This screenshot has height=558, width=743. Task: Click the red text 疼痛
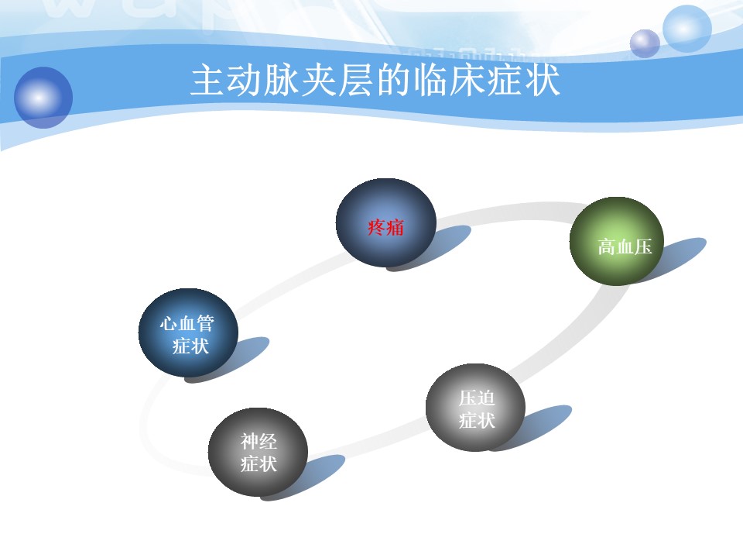coord(385,228)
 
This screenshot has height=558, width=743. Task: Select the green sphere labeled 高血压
coord(617,241)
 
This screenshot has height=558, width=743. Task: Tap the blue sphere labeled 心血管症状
coord(188,332)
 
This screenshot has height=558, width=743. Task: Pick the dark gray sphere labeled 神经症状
coord(258,452)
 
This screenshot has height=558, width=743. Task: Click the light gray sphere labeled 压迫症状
coord(475,407)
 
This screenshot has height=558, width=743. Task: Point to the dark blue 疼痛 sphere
coord(385,222)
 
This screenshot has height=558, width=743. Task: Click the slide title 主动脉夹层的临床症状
coord(375,81)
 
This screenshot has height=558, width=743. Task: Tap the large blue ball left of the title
coord(43,98)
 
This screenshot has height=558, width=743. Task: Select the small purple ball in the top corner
coord(645,43)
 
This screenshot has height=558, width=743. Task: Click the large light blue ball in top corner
coord(687,29)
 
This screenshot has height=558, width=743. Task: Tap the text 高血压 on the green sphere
coord(625,247)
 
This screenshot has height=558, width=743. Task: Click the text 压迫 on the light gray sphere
coord(478,398)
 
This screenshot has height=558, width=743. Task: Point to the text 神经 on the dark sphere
coord(259,442)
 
